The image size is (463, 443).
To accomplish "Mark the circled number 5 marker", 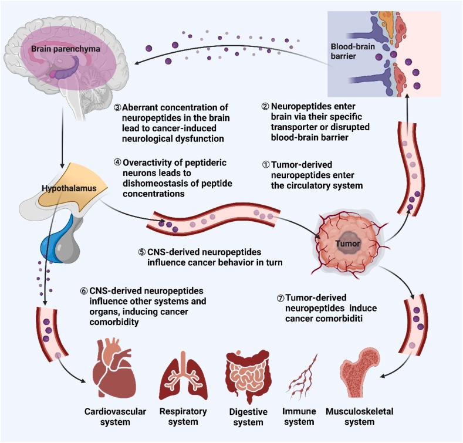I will tap(141, 252).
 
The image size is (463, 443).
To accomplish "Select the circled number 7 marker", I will tap(280, 297).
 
